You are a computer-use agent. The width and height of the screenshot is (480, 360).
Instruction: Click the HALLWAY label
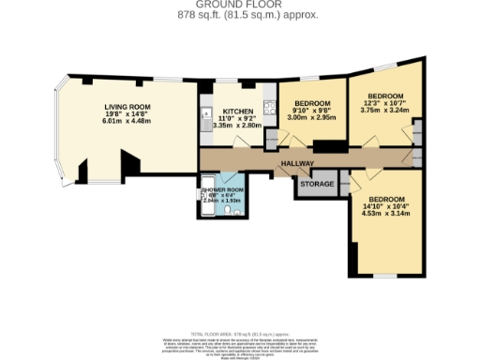(295, 164)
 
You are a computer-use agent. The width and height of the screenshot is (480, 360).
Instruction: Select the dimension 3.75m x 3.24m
(384, 110)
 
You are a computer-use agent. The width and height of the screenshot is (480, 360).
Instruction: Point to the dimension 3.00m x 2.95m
(311, 118)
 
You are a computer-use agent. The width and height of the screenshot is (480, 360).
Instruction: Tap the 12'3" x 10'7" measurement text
(384, 103)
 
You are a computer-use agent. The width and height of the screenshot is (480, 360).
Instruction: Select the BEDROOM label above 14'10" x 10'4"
(386, 199)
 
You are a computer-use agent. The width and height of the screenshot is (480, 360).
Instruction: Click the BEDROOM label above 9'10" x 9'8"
(311, 103)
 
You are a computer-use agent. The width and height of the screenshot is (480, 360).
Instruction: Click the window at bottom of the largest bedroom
(383, 275)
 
